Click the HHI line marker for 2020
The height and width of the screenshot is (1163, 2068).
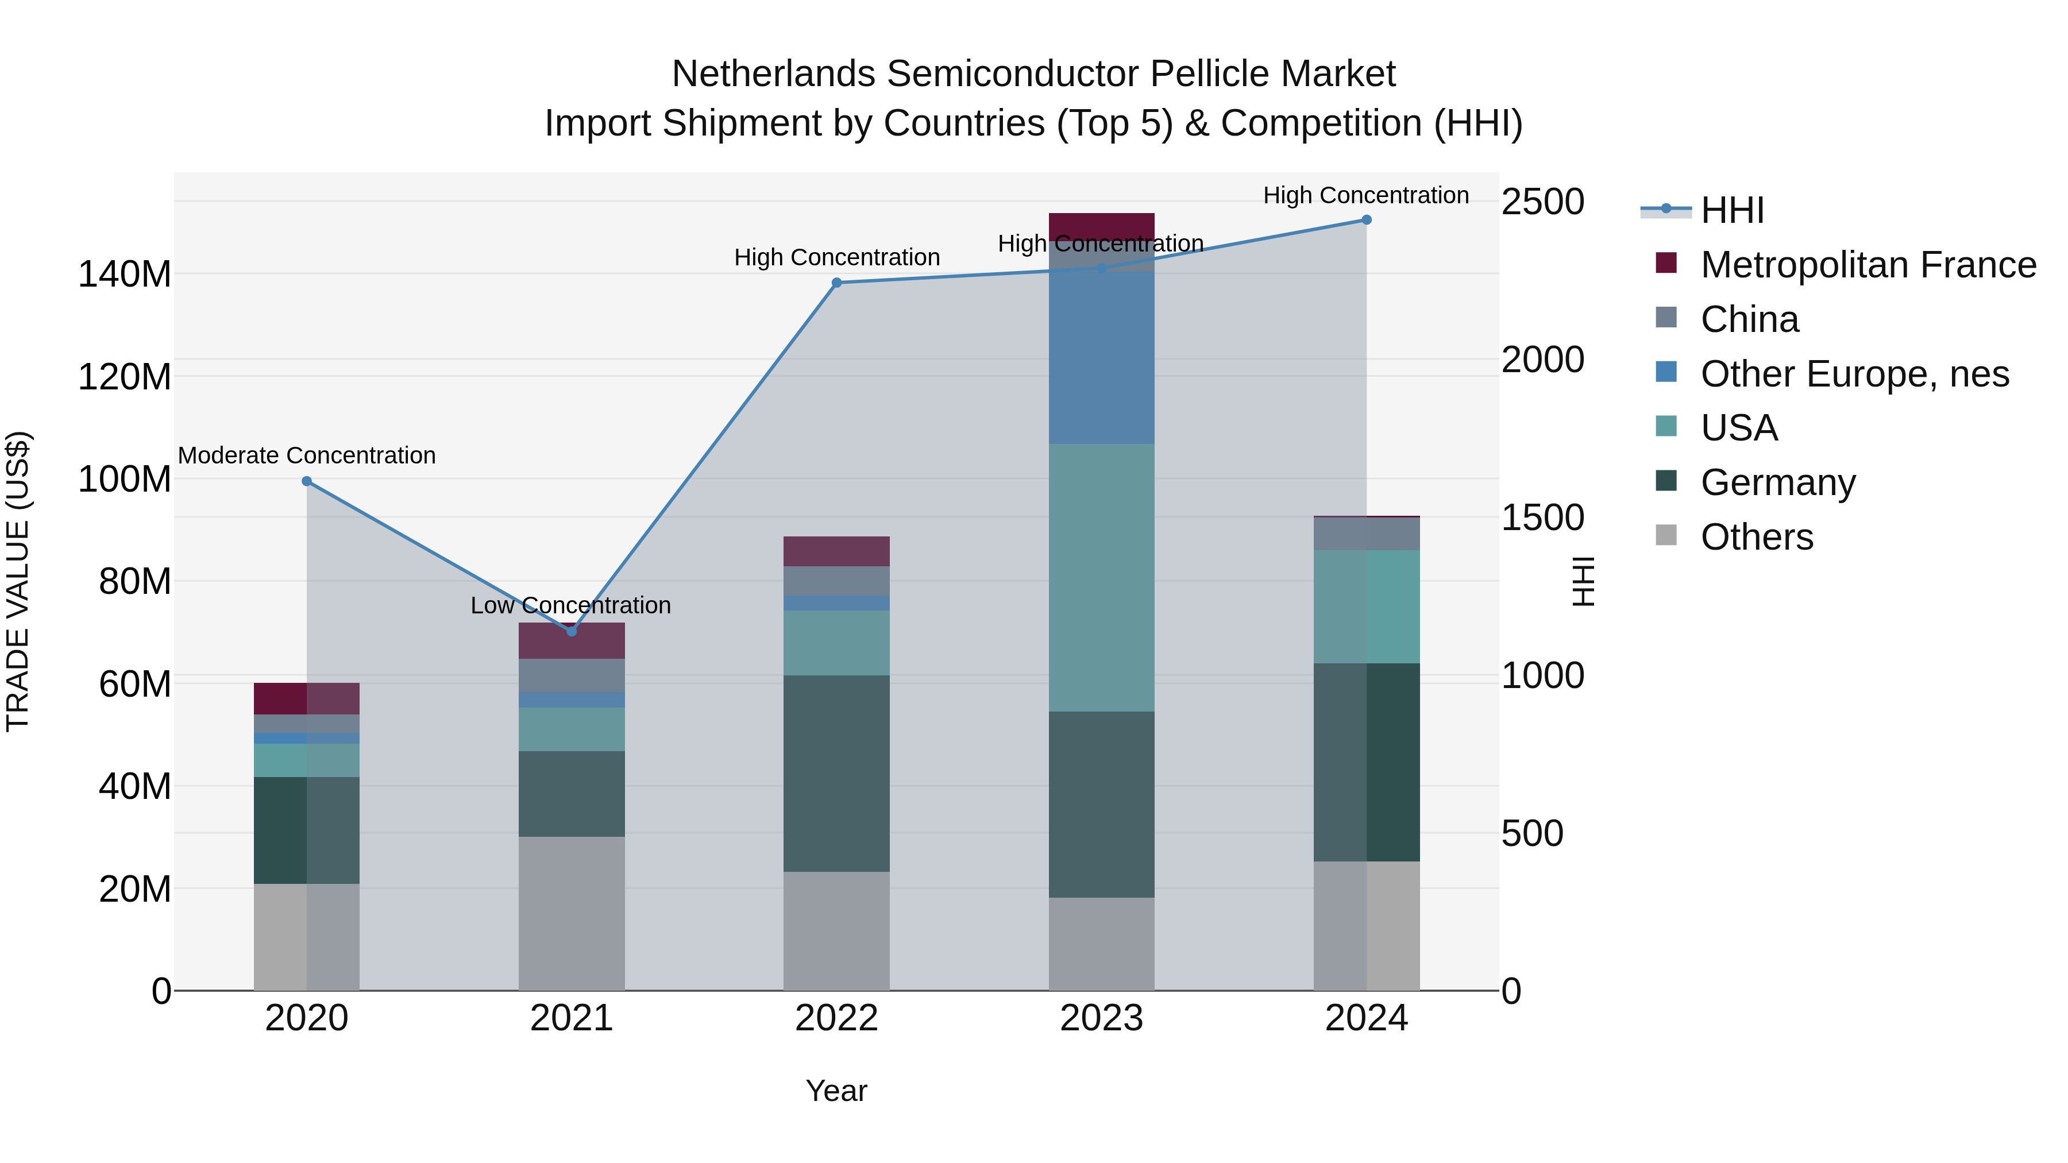[307, 482]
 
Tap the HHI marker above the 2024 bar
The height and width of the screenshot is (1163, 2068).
[1367, 220]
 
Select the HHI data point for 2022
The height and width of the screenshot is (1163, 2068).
[836, 283]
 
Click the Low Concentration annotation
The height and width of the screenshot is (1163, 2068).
[571, 605]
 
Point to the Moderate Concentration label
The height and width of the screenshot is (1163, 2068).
[307, 455]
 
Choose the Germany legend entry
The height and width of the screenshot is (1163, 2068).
[1777, 482]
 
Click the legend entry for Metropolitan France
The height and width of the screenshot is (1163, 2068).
[1868, 265]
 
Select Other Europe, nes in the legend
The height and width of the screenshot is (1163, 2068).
[1854, 374]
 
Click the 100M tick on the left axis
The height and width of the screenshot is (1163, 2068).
[125, 479]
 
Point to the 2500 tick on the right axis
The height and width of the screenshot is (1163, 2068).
[1542, 202]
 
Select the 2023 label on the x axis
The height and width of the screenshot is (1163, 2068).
[1101, 1018]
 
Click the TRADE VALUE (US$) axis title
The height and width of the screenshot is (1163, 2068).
[18, 581]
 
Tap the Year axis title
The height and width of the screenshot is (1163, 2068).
[836, 1091]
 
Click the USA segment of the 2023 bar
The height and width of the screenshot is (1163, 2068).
[1101, 578]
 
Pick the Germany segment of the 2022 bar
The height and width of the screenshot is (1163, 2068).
[836, 774]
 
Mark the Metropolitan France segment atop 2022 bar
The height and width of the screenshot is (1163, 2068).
[836, 551]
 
